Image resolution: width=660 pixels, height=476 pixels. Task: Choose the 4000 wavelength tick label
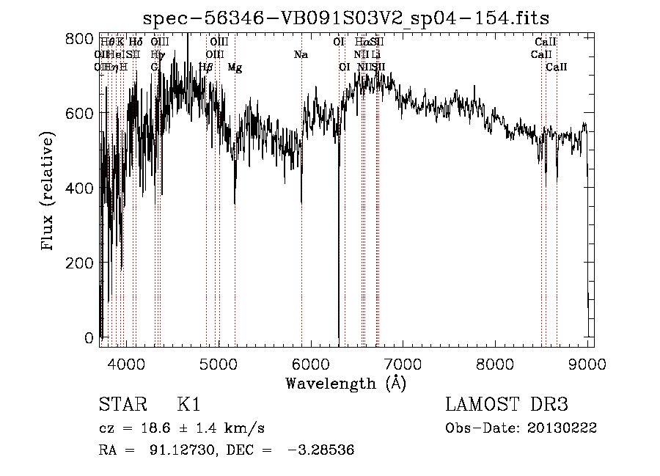126,362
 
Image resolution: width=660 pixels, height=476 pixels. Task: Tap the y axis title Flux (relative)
48,192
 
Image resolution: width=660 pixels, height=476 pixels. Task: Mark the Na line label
301,54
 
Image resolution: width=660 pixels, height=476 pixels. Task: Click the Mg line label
235,67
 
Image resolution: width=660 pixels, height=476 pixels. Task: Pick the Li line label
375,54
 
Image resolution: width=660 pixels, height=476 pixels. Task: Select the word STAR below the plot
120,405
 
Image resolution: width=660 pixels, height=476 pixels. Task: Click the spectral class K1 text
188,405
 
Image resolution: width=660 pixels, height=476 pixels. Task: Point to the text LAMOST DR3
507,405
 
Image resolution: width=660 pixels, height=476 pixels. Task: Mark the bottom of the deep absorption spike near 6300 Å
338,336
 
